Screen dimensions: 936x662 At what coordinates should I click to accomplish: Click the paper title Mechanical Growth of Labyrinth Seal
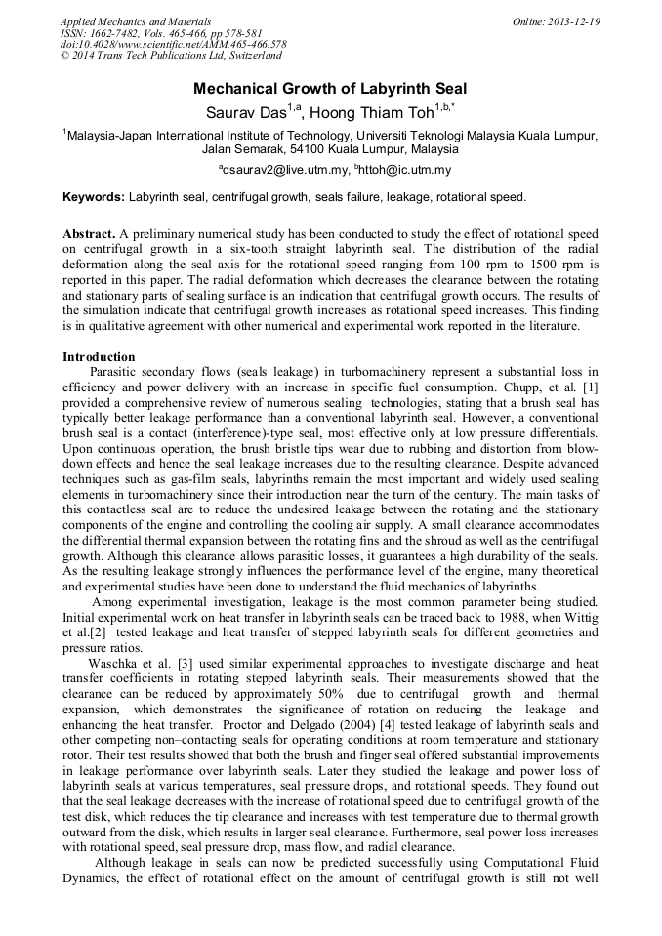click(x=330, y=89)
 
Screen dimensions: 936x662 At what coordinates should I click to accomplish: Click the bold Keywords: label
click(x=94, y=197)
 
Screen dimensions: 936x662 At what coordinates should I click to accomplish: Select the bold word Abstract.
click(x=89, y=236)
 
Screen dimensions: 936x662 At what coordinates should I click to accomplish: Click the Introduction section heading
click(x=99, y=357)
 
